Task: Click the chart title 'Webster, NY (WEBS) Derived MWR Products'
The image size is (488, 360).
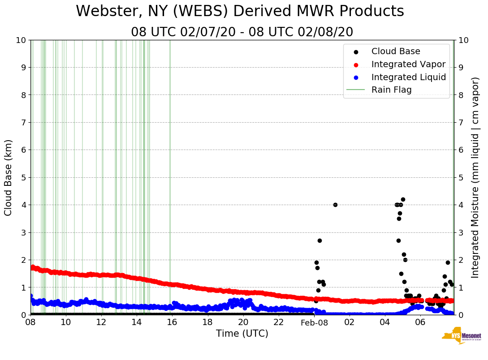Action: tap(240, 11)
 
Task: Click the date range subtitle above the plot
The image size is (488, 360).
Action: tap(242, 32)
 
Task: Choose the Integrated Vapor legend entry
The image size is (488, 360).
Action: tap(408, 64)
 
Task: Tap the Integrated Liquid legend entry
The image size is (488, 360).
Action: tap(408, 77)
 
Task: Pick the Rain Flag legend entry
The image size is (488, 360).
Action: tap(391, 90)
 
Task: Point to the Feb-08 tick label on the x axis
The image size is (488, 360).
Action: tap(314, 323)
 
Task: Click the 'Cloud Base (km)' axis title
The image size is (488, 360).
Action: tap(9, 177)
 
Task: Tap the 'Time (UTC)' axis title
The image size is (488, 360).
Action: tap(242, 334)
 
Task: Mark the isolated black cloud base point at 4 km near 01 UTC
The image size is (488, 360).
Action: tap(335, 205)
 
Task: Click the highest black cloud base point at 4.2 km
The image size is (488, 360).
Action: tap(403, 199)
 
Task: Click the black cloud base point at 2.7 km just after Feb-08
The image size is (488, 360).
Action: tap(320, 240)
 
